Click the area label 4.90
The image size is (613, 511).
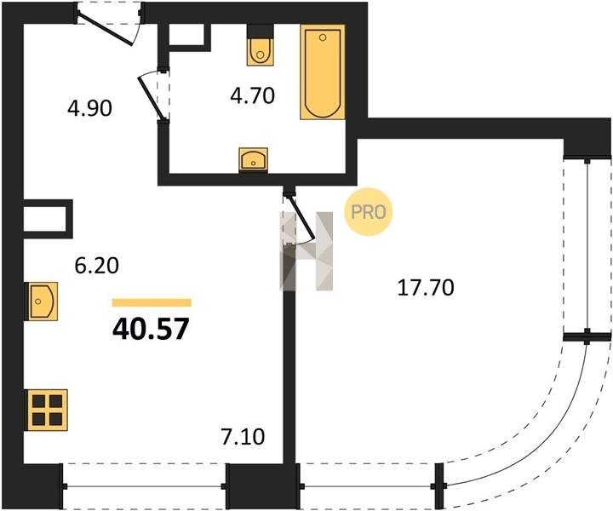[x=90, y=108]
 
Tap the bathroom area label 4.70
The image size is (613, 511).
[x=253, y=95]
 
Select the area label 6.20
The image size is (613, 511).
[x=96, y=266]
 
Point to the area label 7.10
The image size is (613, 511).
[x=243, y=437]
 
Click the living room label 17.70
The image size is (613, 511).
[x=426, y=288]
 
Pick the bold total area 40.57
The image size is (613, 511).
[x=151, y=329]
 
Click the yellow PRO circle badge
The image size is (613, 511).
[x=369, y=212]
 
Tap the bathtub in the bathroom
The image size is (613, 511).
[x=323, y=72]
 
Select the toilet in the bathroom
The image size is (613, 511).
[x=260, y=45]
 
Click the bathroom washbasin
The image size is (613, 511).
[x=254, y=160]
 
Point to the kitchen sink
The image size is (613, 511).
[x=41, y=301]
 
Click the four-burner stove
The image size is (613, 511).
[x=48, y=410]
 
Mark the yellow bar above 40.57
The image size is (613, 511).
[x=152, y=302]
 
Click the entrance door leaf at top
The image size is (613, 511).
[x=105, y=28]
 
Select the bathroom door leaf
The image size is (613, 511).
[x=151, y=97]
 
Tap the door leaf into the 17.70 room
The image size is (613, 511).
[x=302, y=217]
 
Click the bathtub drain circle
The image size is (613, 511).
[x=323, y=37]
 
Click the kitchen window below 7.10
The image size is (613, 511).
[x=145, y=487]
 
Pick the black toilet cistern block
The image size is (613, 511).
[x=260, y=31]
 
